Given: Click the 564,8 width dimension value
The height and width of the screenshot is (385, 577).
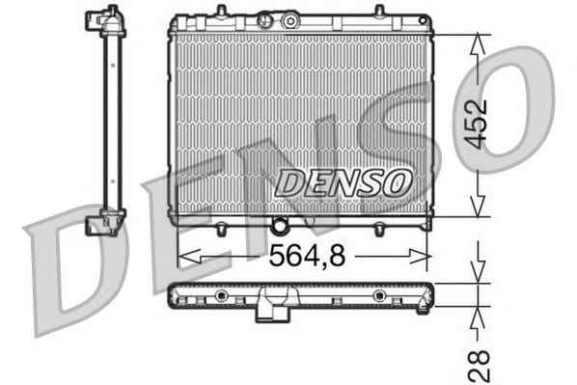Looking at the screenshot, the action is (x=307, y=256).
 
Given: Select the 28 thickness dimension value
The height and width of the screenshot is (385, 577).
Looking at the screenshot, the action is (x=480, y=366).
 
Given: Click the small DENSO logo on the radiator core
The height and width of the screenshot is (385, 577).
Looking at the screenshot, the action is (x=343, y=183).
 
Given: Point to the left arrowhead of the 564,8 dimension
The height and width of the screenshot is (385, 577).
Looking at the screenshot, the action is (x=189, y=256).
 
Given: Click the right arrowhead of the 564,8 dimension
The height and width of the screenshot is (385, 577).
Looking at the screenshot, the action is (x=420, y=256).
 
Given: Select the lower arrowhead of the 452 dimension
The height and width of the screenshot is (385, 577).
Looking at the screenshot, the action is (x=478, y=206).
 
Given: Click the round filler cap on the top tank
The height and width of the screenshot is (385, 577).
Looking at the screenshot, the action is (x=290, y=21).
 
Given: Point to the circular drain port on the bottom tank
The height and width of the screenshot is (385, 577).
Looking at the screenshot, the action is (x=280, y=225).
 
